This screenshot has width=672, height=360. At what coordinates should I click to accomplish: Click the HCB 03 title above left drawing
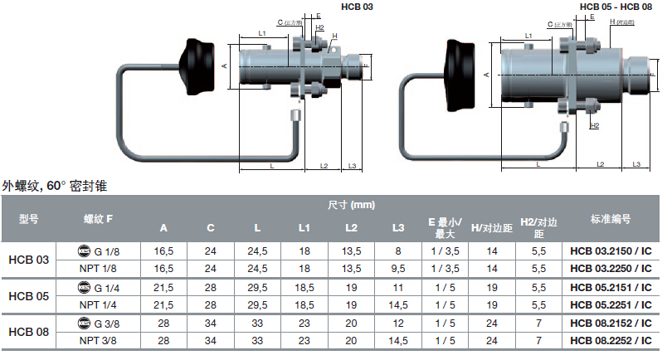[x=358, y=7]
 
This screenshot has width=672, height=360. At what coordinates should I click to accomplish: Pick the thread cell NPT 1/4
[x=98, y=304]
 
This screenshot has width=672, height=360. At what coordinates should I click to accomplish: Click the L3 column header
[x=399, y=227]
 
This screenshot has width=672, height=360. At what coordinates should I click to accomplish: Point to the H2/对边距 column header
[x=538, y=227]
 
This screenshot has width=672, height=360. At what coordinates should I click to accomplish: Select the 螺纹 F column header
[x=98, y=219]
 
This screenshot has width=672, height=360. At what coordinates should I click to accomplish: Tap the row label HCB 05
[x=28, y=295]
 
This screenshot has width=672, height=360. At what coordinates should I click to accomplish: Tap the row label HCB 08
[x=28, y=331]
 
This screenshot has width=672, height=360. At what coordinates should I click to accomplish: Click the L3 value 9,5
[x=399, y=268]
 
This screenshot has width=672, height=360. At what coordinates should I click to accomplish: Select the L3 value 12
[x=399, y=323]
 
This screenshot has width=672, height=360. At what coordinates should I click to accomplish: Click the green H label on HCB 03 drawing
[x=335, y=36]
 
